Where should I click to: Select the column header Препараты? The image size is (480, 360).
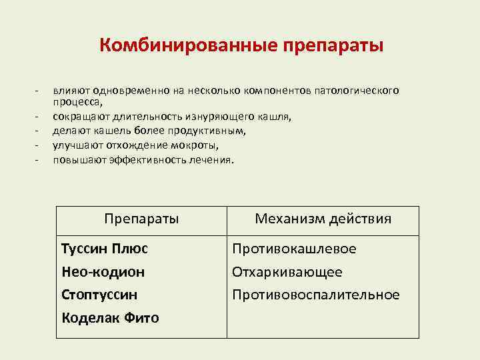click(142, 219)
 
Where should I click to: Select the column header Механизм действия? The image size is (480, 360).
click(323, 219)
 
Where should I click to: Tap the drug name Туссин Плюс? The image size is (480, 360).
click(105, 249)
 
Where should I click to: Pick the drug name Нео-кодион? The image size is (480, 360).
click(103, 272)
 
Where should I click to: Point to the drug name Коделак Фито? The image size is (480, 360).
click(110, 318)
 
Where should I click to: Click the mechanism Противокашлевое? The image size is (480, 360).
click(294, 249)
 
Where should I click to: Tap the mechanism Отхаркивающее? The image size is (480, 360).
click(287, 272)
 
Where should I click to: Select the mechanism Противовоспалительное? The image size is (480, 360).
click(316, 295)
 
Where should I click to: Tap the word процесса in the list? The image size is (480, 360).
click(77, 102)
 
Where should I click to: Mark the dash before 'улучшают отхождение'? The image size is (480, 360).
click(39, 145)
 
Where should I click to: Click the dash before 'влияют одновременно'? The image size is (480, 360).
click(39, 90)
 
